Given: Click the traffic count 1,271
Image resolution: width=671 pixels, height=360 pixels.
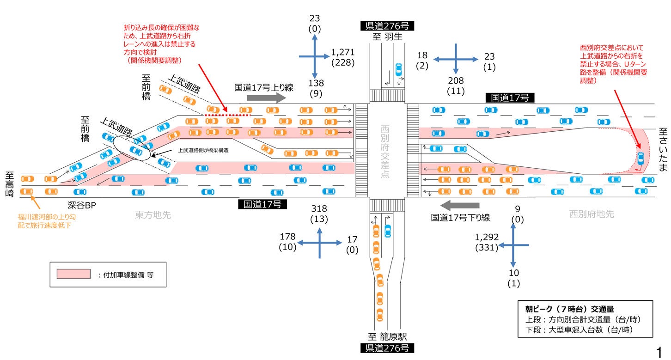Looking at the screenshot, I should pyautogui.click(x=343, y=53).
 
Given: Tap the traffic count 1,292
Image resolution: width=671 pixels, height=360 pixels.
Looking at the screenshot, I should pyautogui.click(x=487, y=237).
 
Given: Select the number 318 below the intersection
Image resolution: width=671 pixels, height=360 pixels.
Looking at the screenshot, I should pyautogui.click(x=319, y=208).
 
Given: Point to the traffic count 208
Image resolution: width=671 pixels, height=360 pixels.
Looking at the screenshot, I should pyautogui.click(x=456, y=81).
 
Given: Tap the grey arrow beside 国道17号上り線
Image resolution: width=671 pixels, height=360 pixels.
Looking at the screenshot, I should pyautogui.click(x=267, y=98).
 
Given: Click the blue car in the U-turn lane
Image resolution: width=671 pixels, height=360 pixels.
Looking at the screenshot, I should pyautogui.click(x=640, y=158).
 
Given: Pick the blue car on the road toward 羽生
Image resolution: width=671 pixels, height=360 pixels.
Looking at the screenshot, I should pyautogui.click(x=398, y=70).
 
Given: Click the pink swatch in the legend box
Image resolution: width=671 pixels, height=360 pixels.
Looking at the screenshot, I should pyautogui.click(x=73, y=274).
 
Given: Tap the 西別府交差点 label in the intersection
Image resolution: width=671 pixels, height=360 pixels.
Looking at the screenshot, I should pyautogui.click(x=385, y=152).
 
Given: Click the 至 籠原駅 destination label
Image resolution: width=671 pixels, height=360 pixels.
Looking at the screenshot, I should pyautogui.click(x=387, y=336).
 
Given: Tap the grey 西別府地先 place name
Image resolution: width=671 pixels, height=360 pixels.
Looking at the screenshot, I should pyautogui.click(x=591, y=214).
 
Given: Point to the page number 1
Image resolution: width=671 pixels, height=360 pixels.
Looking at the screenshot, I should pyautogui.click(x=659, y=351).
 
